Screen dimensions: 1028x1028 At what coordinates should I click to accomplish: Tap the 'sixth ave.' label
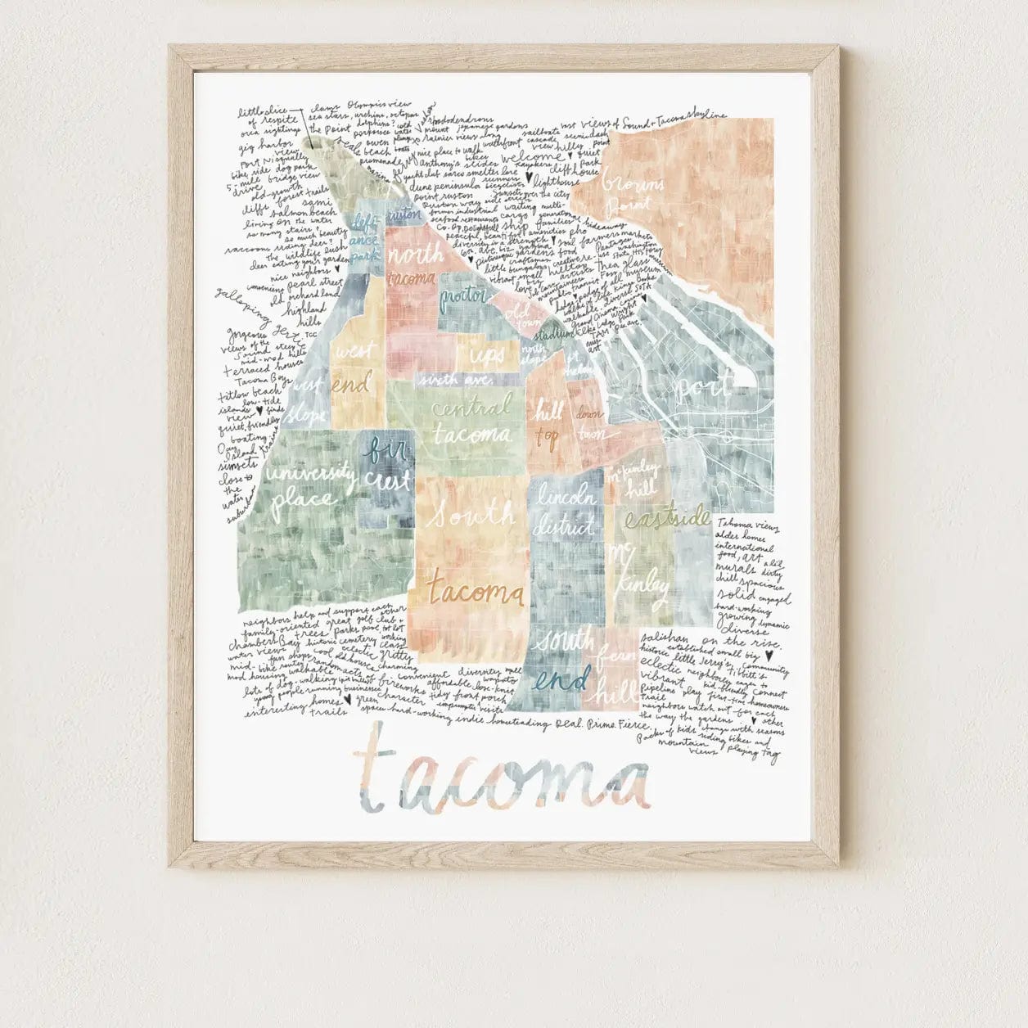454,381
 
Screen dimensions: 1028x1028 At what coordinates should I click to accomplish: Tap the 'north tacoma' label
413,267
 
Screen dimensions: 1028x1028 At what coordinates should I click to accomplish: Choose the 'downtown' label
589,424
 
